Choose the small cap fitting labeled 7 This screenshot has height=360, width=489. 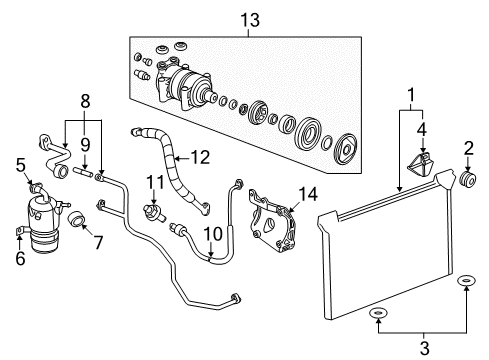pyautogui.click(x=77, y=220)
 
